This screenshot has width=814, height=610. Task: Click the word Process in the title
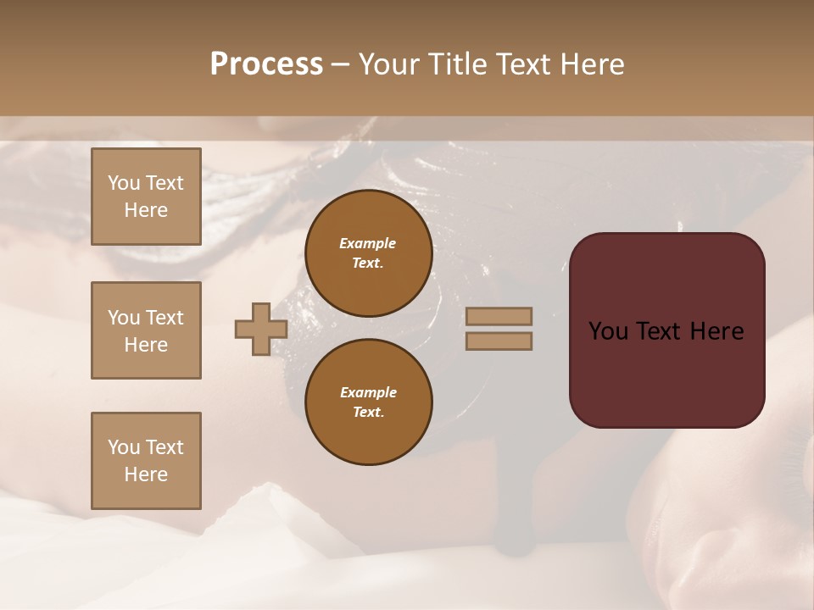coord(266,64)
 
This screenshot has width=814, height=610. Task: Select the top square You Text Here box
coord(146,197)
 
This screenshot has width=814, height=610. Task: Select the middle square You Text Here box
coord(146,330)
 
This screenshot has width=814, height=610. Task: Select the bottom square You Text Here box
coord(146,461)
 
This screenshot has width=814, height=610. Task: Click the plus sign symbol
coord(261,330)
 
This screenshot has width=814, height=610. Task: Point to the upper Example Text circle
coord(368,253)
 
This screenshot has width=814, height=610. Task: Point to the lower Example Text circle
coord(368,402)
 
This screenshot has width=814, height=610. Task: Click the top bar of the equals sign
coord(499,317)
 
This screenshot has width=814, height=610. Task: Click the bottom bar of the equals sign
coord(499,341)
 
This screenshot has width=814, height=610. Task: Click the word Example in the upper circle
coord(368,244)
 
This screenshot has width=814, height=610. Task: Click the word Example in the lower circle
coord(368,393)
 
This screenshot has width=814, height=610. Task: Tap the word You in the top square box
coord(124,184)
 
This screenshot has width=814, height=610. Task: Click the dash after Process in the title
coord(341,64)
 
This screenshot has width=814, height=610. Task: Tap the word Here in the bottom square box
coord(146,474)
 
